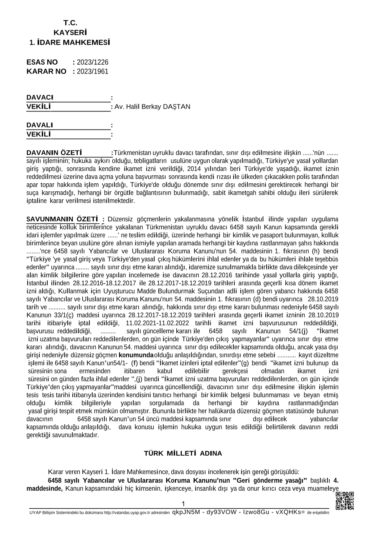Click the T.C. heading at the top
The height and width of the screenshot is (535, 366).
pos(70,23)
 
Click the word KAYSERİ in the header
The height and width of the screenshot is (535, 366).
pos(70,33)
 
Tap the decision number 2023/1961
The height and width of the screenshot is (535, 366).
pos(92,71)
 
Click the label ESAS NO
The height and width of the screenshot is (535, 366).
pos(42,62)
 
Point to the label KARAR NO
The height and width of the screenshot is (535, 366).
pos(46,71)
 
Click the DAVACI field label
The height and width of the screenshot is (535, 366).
pos(40,97)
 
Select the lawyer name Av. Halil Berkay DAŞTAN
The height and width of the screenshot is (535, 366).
pos(152,106)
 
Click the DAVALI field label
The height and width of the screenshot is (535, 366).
pos(40,125)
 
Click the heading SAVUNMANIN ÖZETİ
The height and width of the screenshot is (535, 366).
pos(62,219)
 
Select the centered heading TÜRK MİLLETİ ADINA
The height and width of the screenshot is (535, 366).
pos(183,453)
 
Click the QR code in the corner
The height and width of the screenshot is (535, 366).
pos(344,501)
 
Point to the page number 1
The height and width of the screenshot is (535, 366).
pos(183,504)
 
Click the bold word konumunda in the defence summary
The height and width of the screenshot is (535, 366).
pos(136,355)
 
